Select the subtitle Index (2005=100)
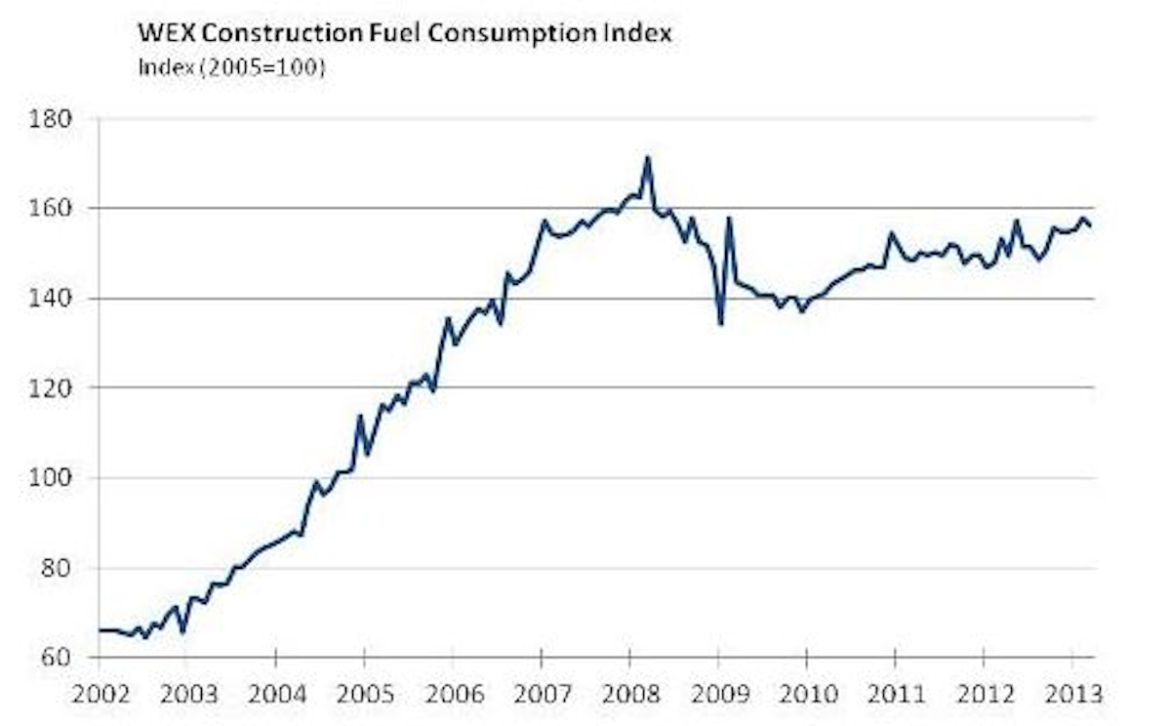pos(230,69)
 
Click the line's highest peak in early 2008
pos(647,158)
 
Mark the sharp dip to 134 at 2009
pos(719,324)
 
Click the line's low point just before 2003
pos(182,631)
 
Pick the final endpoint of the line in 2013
pos(1090,226)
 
